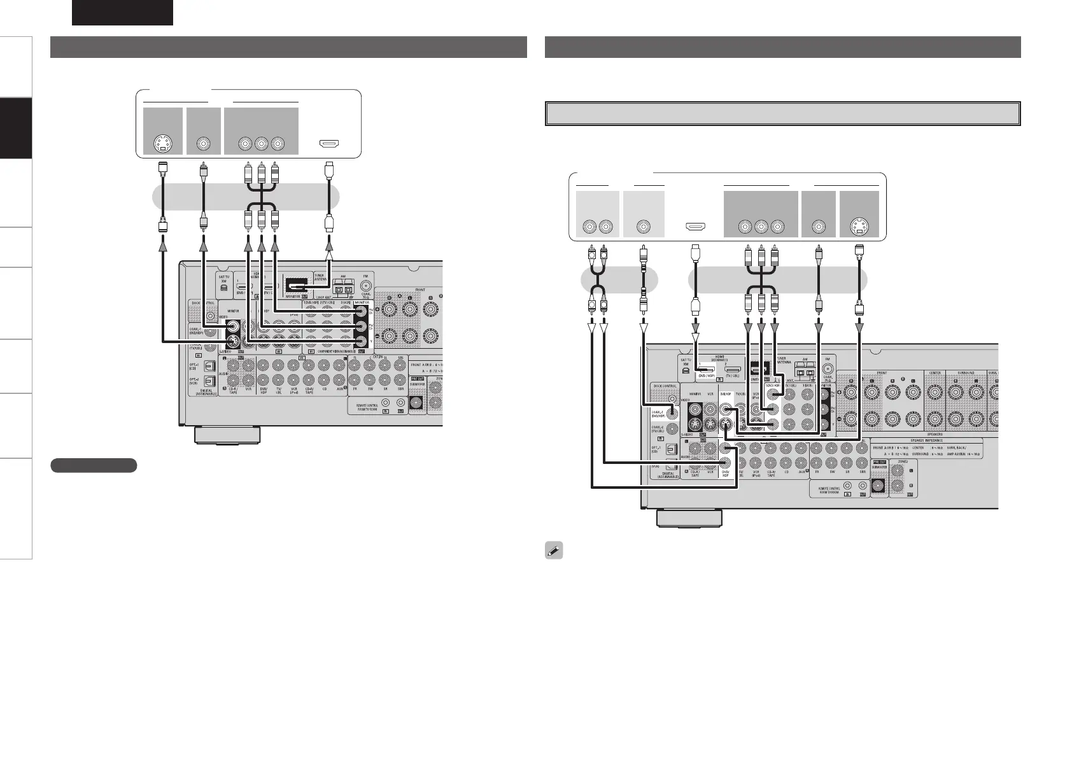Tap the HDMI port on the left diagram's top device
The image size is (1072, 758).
coord(329,144)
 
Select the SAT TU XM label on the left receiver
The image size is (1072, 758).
coord(223,279)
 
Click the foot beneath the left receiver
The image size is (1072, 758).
coord(227,436)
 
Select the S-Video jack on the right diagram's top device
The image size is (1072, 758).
coord(859,226)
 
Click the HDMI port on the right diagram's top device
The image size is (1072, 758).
coord(695,226)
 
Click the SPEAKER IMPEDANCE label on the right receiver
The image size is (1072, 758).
coord(926,441)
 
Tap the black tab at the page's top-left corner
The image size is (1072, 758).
coord(122,12)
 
